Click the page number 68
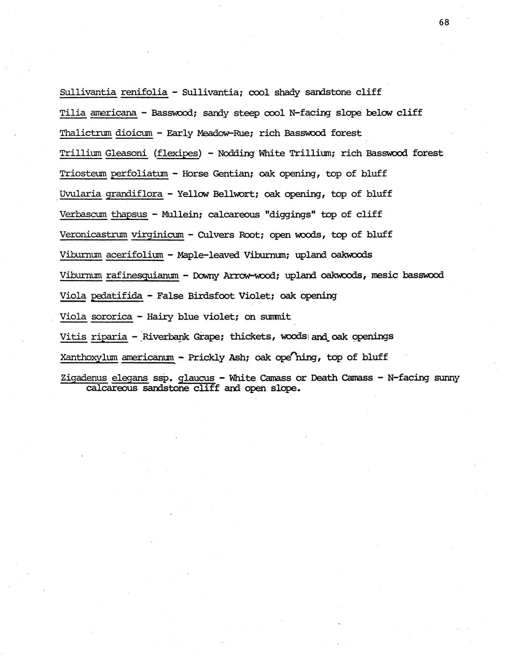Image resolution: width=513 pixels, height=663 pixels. (444, 22)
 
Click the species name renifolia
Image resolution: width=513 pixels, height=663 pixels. (144, 92)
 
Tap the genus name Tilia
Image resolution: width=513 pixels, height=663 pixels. (73, 112)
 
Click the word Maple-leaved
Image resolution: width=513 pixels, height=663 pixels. (208, 255)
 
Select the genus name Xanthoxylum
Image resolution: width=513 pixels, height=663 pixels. (89, 357)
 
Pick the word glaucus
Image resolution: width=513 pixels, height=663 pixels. (196, 378)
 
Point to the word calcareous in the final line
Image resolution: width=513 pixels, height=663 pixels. (112, 388)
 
